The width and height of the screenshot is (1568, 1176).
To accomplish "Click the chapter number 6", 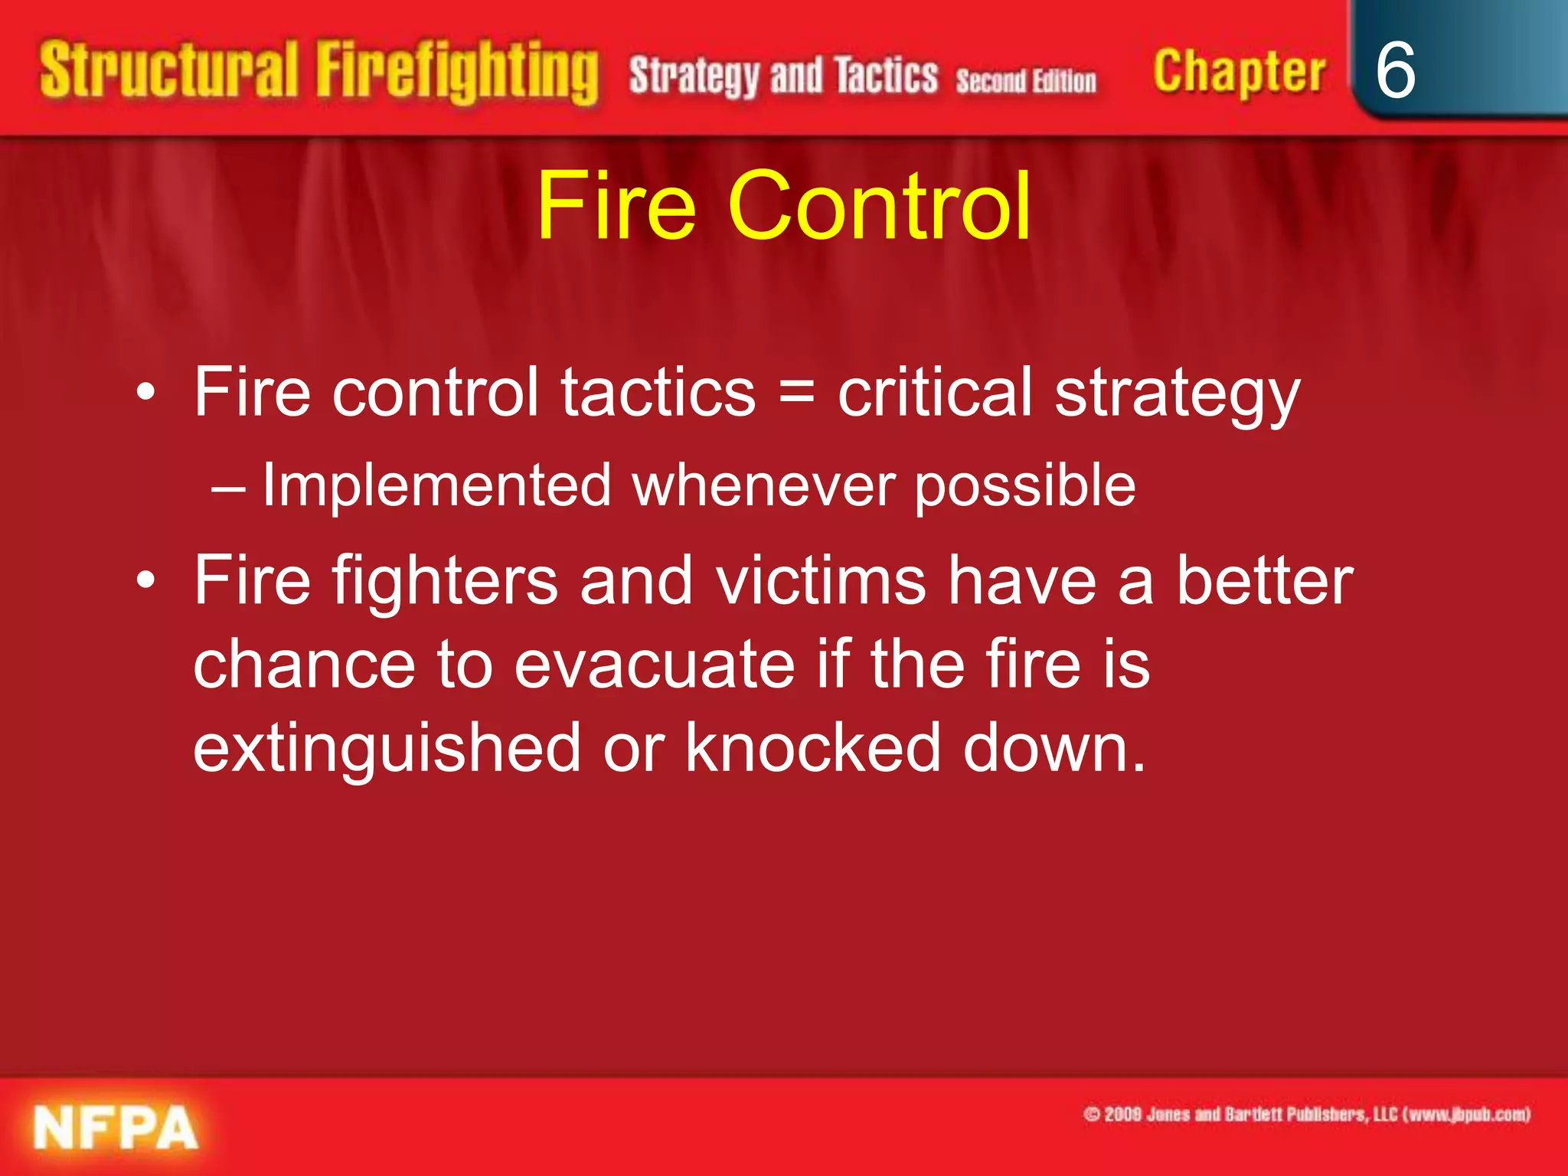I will (1395, 70).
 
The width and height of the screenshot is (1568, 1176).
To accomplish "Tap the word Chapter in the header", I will (1239, 72).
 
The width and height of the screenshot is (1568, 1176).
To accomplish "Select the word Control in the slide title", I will (879, 205).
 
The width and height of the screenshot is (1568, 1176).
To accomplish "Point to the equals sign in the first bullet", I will (796, 392).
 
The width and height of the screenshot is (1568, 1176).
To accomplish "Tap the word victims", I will (821, 580).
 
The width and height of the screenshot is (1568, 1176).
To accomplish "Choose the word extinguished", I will (387, 747).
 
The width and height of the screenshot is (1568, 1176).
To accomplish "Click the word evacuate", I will (655, 664).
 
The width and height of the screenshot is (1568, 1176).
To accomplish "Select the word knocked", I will (812, 747).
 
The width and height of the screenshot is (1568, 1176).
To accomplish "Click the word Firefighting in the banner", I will (457, 72).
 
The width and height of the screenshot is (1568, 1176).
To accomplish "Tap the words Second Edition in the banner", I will (1026, 80).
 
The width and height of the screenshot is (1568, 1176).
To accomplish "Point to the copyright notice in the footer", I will (1306, 1115).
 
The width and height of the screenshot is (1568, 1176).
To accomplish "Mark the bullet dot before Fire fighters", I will (145, 582).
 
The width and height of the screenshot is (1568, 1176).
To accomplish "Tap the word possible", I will (1025, 485).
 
